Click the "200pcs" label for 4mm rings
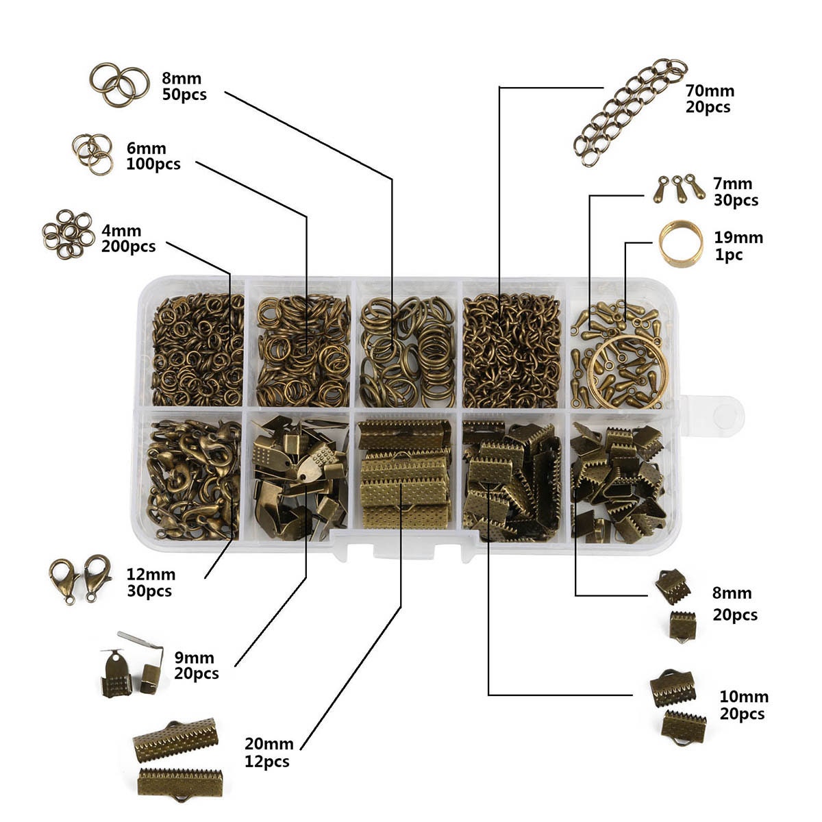[x=128, y=247]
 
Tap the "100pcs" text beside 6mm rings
[x=153, y=164]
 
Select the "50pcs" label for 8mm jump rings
[x=184, y=95]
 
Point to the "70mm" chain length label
[x=710, y=90]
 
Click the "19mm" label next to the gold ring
[x=738, y=238]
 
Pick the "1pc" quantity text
[x=728, y=255]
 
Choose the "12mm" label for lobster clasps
[x=151, y=574]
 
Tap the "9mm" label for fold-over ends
[x=195, y=658]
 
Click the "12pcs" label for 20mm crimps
[x=267, y=762]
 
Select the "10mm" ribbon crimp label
[x=744, y=697]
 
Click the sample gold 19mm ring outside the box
[x=681, y=244]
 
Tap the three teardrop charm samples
[x=679, y=188]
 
